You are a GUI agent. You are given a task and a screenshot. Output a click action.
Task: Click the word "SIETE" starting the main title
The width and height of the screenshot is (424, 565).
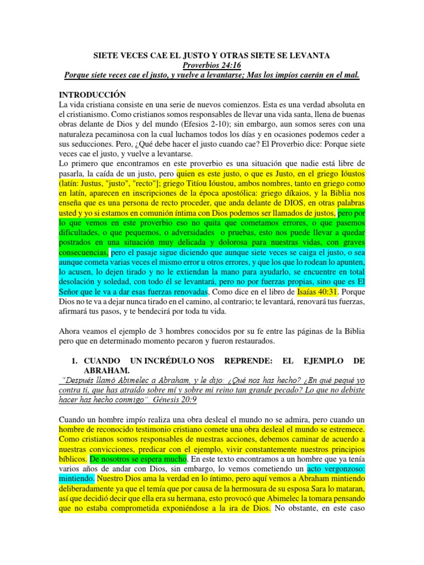click(x=104, y=55)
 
